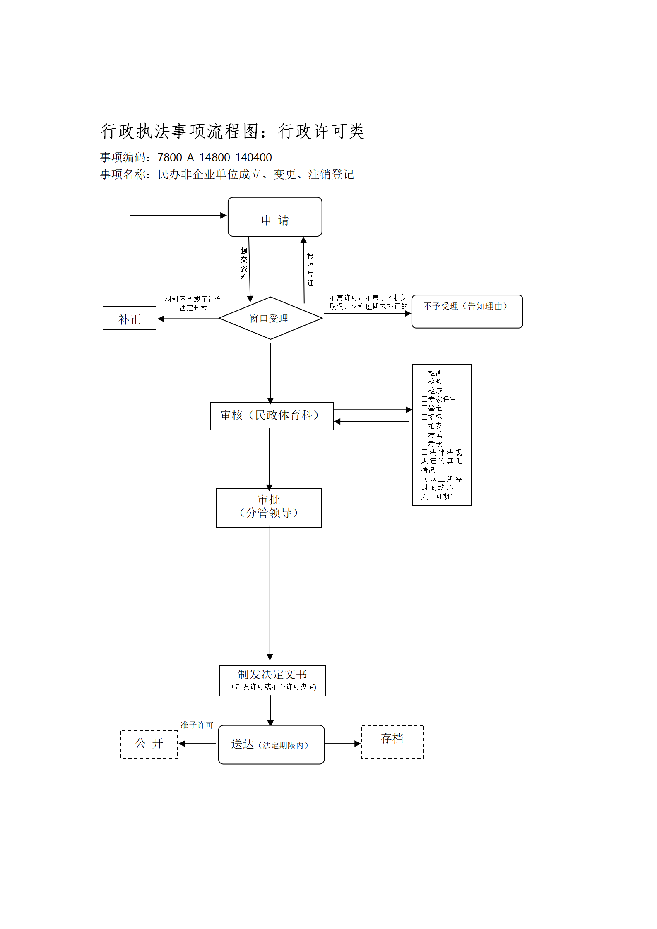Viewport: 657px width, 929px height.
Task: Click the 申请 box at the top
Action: click(x=275, y=217)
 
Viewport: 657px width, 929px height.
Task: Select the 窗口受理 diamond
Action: click(x=270, y=318)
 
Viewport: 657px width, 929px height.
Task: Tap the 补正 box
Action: click(x=130, y=318)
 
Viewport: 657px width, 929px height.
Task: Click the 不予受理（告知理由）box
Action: click(x=467, y=312)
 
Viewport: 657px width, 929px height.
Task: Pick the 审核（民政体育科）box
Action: click(x=272, y=416)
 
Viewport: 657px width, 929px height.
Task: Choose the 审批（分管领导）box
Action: click(x=269, y=508)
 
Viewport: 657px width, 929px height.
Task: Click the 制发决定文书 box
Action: click(x=272, y=681)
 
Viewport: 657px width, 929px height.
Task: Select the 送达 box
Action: click(x=271, y=744)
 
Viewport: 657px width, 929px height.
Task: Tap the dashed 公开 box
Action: click(x=149, y=744)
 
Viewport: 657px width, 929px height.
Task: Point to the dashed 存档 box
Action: click(x=392, y=742)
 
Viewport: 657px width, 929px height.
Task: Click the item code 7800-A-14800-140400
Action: click(x=214, y=157)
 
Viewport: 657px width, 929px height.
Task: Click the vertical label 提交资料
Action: click(x=244, y=264)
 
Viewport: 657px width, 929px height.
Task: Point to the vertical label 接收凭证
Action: click(x=310, y=269)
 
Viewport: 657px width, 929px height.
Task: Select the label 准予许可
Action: click(x=197, y=725)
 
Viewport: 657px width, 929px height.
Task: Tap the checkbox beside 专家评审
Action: click(x=424, y=399)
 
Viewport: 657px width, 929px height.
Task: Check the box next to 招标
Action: click(x=424, y=417)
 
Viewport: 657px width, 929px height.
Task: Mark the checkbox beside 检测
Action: click(x=424, y=372)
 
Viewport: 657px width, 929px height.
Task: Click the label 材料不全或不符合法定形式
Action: click(x=193, y=303)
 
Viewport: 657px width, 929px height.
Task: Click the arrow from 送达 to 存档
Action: click(x=343, y=744)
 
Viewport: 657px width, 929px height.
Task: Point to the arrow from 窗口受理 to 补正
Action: click(x=188, y=319)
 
